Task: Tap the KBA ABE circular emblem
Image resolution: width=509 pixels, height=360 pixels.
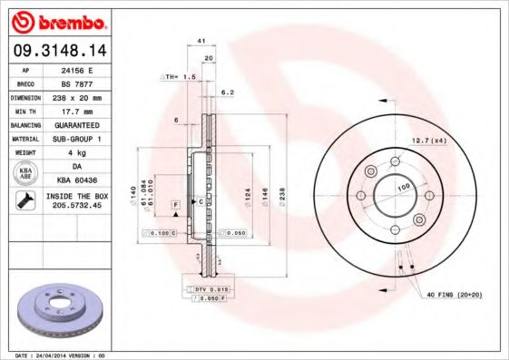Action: pyautogui.click(x=26, y=174)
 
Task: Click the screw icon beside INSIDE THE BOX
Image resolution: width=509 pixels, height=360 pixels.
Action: pyautogui.click(x=25, y=201)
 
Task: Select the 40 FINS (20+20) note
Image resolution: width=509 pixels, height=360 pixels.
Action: pyautogui.click(x=454, y=295)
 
